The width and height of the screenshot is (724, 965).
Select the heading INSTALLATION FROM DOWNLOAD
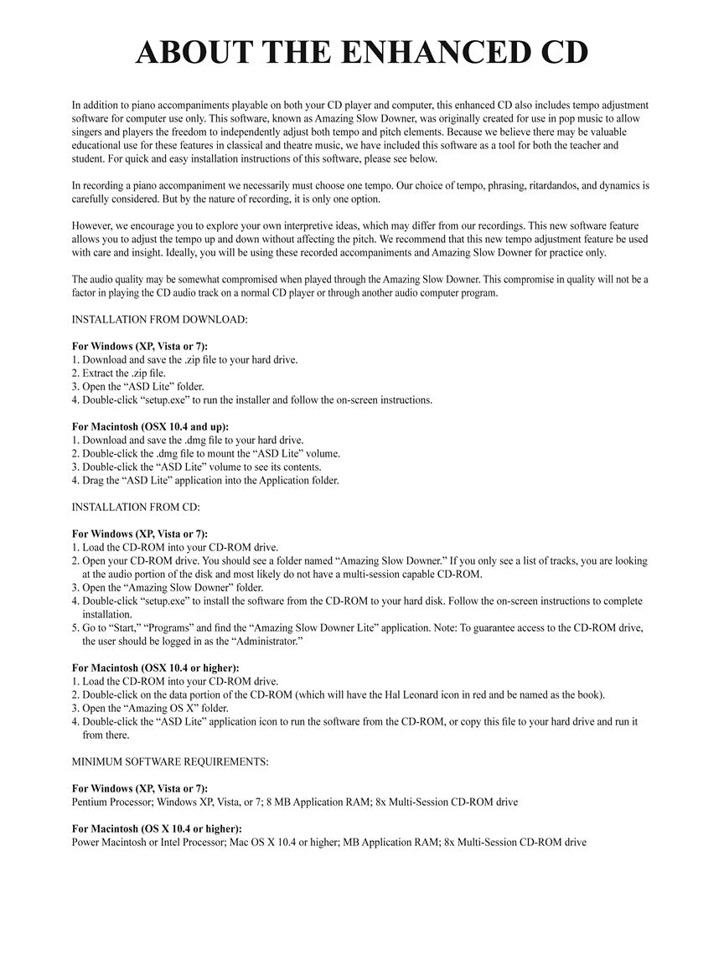coord(159,319)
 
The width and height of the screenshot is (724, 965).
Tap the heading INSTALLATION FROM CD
coord(136,507)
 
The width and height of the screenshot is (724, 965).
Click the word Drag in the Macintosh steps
coord(94,480)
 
